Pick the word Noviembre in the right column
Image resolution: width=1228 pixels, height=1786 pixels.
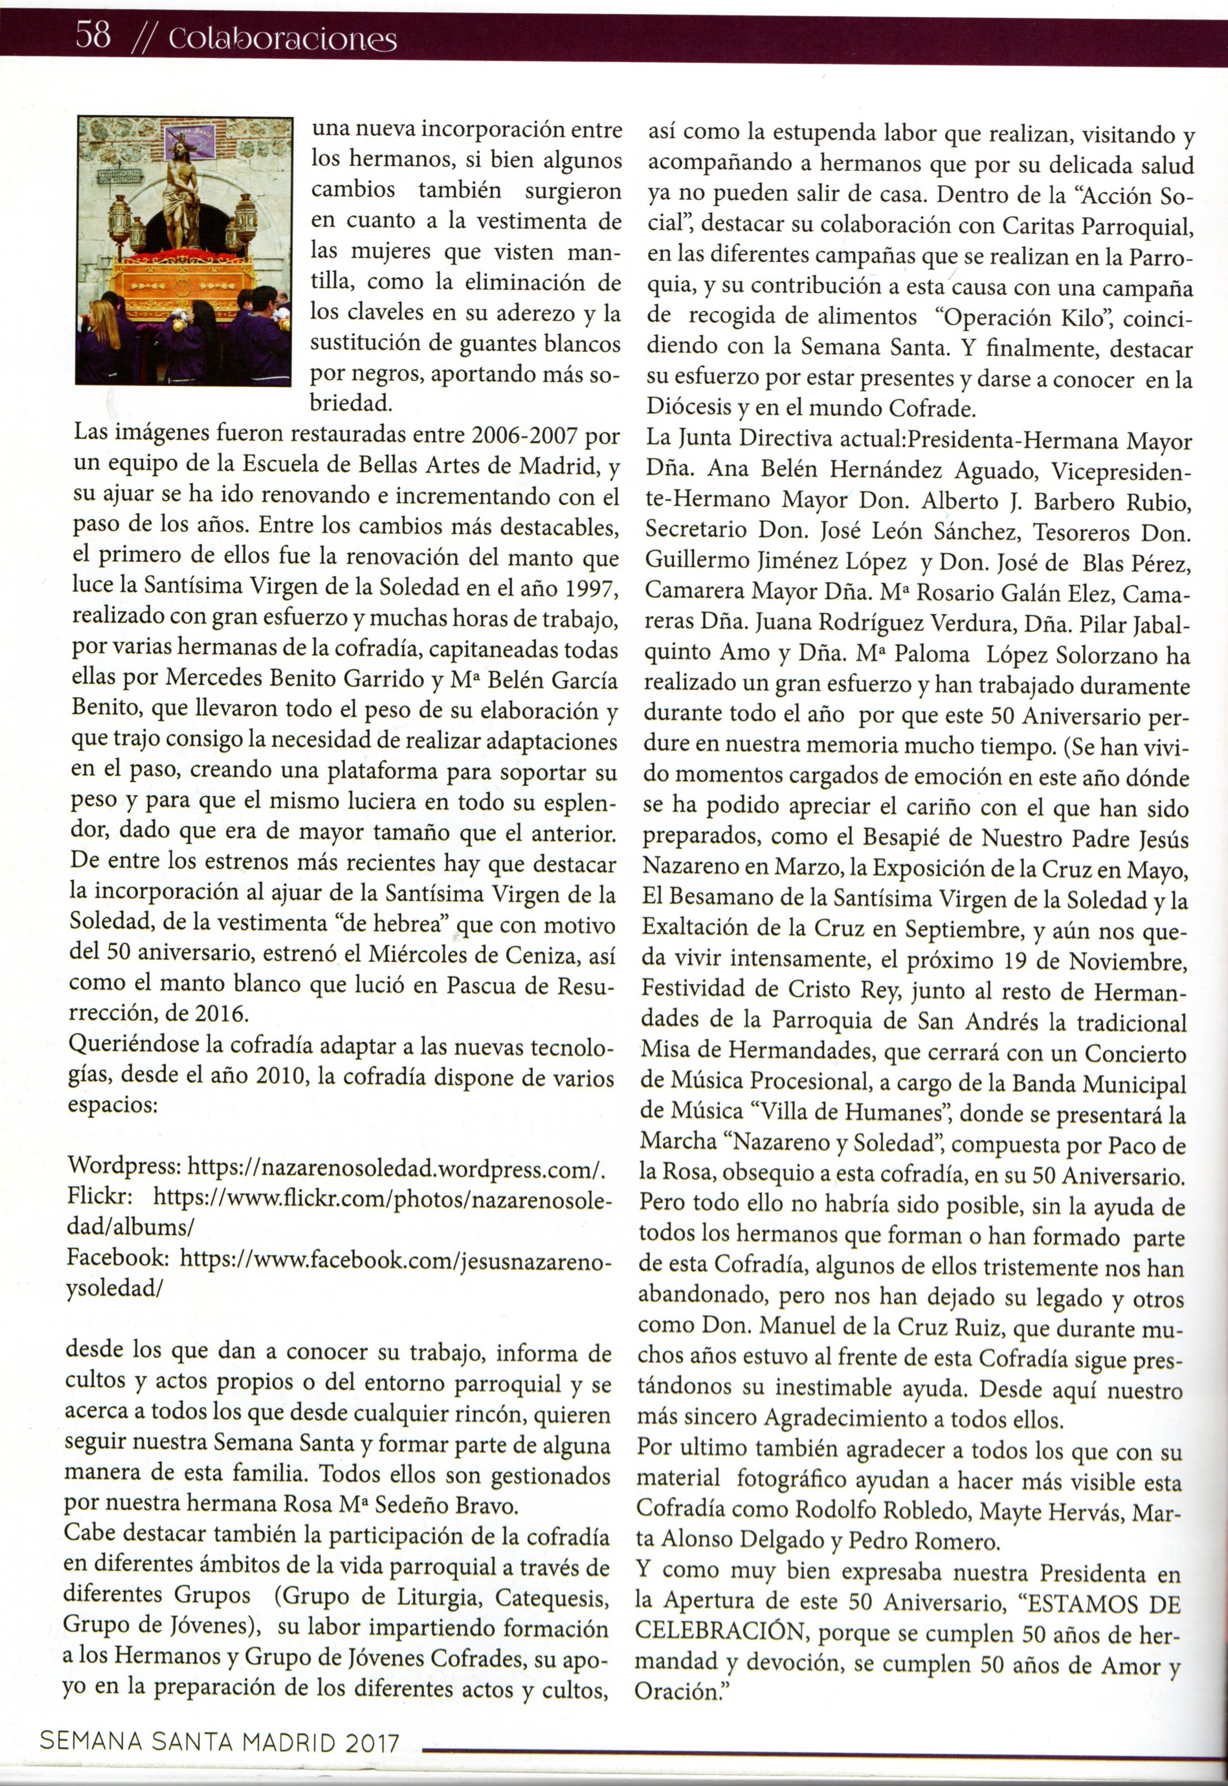pyautogui.click(x=1126, y=961)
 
